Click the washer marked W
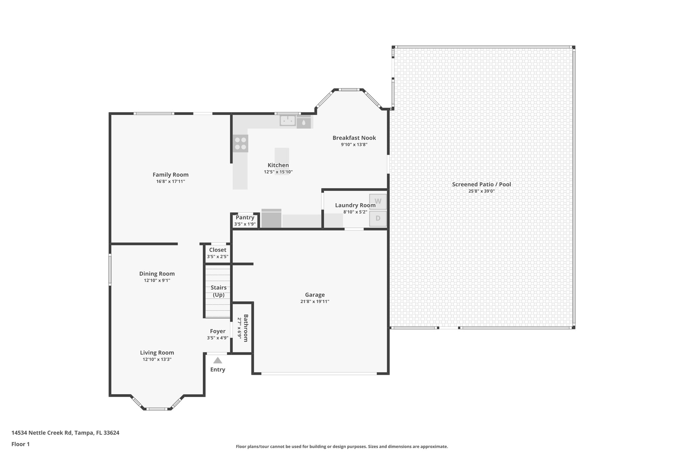(x=378, y=201)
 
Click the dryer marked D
(x=378, y=218)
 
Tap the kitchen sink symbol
(x=288, y=120)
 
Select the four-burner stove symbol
(x=240, y=144)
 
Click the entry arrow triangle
(x=218, y=360)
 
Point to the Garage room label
(x=315, y=295)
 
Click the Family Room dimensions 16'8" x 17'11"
(x=170, y=181)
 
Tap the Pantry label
(x=245, y=217)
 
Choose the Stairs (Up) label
(x=218, y=291)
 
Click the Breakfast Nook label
(x=354, y=138)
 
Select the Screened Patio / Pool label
(x=481, y=184)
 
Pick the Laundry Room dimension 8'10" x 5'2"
(x=355, y=212)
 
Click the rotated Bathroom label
(x=246, y=328)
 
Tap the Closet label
(x=217, y=250)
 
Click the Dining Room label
(x=157, y=274)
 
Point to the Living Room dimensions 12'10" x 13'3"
(x=157, y=359)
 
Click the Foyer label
(x=217, y=331)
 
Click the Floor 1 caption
(x=20, y=444)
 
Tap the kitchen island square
(x=282, y=155)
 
